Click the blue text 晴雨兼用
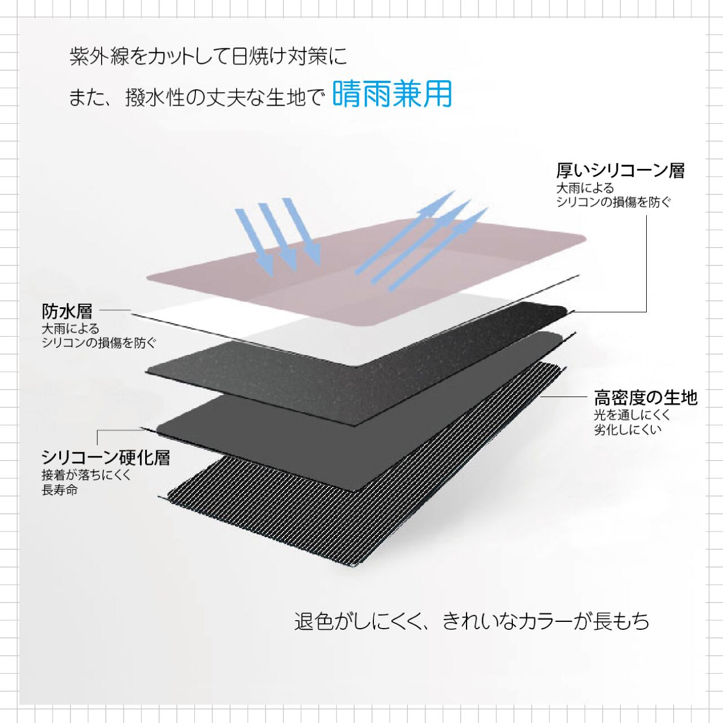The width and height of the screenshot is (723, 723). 392,94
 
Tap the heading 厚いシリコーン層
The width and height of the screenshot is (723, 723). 620,170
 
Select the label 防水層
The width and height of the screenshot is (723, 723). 67,311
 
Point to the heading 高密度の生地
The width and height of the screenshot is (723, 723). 646,398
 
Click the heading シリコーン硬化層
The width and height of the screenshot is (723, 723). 106,457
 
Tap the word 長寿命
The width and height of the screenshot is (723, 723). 59,490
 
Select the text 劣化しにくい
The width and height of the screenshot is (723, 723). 627,430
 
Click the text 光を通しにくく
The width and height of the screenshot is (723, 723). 632,415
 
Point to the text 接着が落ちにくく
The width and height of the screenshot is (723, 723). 86,475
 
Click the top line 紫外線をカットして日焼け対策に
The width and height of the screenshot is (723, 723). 208,56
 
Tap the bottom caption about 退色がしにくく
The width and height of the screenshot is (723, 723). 472,621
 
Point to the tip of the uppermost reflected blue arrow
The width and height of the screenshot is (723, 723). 452,193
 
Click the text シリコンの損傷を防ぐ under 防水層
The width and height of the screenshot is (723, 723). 99,343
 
